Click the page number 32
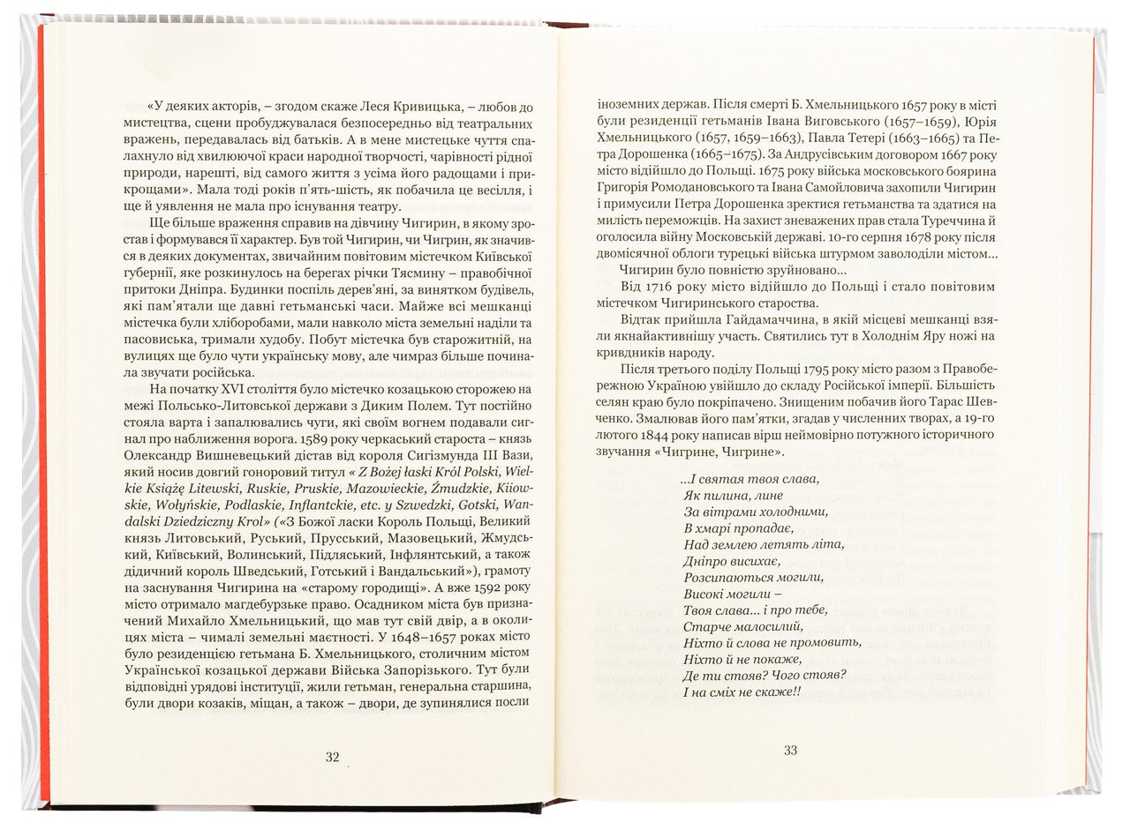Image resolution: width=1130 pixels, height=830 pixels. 332,757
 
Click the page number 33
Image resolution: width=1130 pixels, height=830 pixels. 790,751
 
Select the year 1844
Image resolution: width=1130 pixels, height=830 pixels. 666,435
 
